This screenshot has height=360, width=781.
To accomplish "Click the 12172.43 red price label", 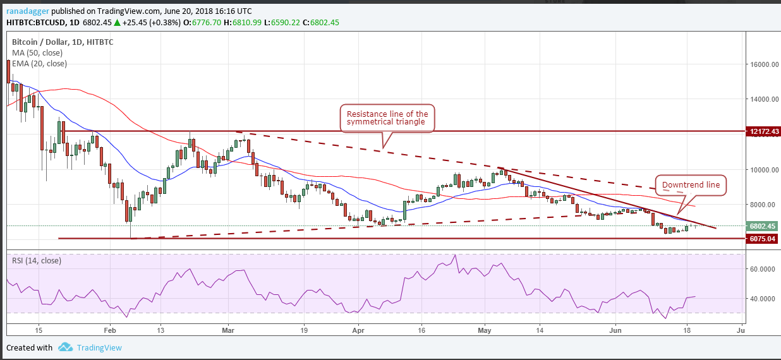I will [x=762, y=131].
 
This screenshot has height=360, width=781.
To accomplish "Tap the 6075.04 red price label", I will [x=762, y=239].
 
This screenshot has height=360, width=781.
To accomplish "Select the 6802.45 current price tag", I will [x=762, y=226].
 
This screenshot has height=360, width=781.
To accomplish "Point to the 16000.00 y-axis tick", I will [x=762, y=64].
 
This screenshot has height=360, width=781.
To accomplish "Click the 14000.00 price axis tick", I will [x=762, y=100].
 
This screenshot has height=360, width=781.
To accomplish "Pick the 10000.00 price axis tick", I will [x=762, y=170].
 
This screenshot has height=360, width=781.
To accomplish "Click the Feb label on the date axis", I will [x=110, y=330].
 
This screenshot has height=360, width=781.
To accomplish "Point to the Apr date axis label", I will [x=358, y=330].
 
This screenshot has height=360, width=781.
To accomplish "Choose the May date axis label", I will [x=485, y=330].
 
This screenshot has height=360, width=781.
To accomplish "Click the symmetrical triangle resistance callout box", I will [x=387, y=118].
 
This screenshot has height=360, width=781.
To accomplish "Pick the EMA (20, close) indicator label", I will [x=39, y=63].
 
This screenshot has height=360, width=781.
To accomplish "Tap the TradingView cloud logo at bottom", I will [x=65, y=347].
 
